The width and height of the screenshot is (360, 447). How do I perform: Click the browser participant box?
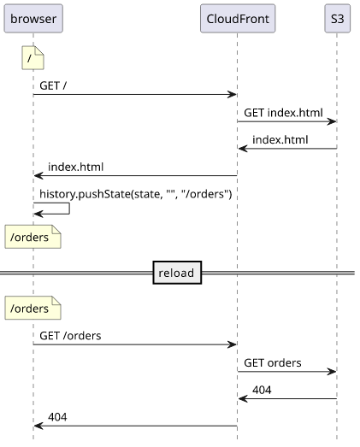point(33,19)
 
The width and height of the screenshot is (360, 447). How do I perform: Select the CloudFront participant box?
point(238,19)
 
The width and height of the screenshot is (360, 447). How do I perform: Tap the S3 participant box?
point(337,19)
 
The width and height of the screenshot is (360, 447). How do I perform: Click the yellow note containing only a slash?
point(32,58)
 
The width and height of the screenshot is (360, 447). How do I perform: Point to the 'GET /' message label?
point(53,85)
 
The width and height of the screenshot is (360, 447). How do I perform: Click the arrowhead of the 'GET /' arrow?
point(233,94)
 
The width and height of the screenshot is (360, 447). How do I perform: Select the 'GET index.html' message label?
point(283,113)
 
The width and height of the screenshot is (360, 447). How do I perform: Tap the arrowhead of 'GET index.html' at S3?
point(332,121)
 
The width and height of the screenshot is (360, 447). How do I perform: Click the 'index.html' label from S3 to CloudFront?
point(280,139)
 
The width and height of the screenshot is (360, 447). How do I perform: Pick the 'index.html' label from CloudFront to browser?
point(75,167)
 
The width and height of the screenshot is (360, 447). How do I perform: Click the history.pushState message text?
point(135,194)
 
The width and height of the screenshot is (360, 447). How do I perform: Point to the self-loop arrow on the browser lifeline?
point(69,209)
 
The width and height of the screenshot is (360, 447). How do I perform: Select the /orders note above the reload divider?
point(32,237)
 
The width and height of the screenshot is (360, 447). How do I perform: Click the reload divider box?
point(177,273)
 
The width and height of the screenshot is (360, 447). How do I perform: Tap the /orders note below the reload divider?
point(32,308)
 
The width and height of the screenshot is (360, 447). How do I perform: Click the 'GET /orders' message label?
point(70,336)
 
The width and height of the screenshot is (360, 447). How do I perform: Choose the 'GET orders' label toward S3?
point(273,362)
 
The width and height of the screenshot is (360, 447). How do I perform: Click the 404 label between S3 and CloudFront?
point(262,390)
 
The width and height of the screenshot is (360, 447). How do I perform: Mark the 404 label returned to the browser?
point(57,417)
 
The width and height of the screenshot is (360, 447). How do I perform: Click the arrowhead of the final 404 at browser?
point(38,426)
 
